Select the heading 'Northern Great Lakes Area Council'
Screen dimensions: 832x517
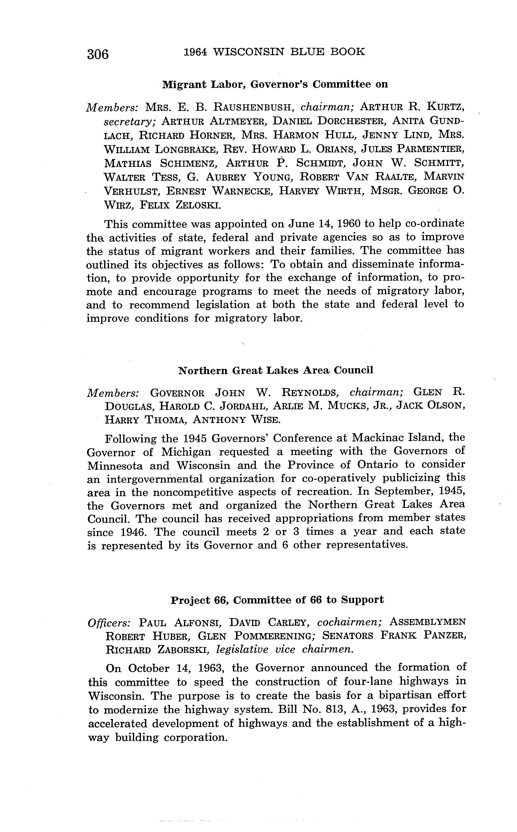click(x=276, y=370)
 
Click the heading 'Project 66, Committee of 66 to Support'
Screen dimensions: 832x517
click(x=277, y=600)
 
